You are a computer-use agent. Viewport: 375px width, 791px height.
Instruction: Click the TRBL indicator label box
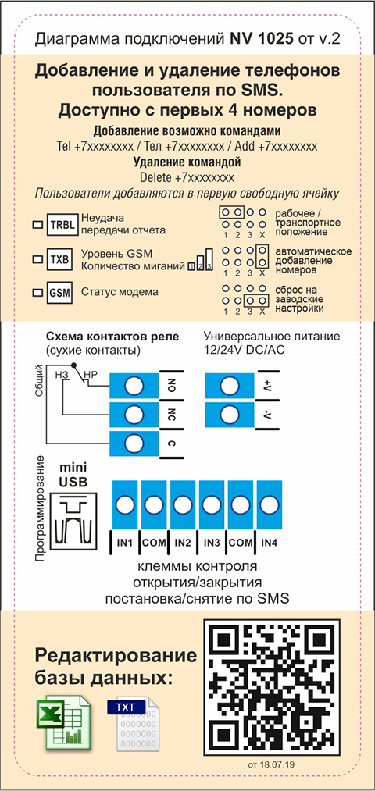coord(62,225)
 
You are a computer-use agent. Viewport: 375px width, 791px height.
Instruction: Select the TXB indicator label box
coord(59,260)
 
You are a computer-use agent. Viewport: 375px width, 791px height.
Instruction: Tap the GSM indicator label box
coord(59,292)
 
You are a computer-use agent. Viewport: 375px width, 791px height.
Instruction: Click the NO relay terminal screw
coord(134,386)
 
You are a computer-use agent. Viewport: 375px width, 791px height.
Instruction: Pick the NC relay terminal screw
coord(134,415)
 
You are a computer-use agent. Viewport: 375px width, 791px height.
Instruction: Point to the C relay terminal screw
coord(134,444)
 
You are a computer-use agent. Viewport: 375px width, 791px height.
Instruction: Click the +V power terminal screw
coord(230,386)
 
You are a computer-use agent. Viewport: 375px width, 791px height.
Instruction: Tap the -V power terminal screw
coord(230,415)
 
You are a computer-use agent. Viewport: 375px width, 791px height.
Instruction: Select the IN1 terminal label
coord(124,543)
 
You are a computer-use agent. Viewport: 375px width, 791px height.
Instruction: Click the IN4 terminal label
coord(270,543)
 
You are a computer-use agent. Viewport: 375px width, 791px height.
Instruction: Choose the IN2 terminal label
coord(183,543)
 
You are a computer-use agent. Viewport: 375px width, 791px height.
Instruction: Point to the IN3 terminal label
coord(212,543)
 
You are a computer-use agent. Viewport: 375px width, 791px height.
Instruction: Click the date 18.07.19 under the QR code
coord(277,764)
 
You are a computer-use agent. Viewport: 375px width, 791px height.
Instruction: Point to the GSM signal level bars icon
coord(200,260)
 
